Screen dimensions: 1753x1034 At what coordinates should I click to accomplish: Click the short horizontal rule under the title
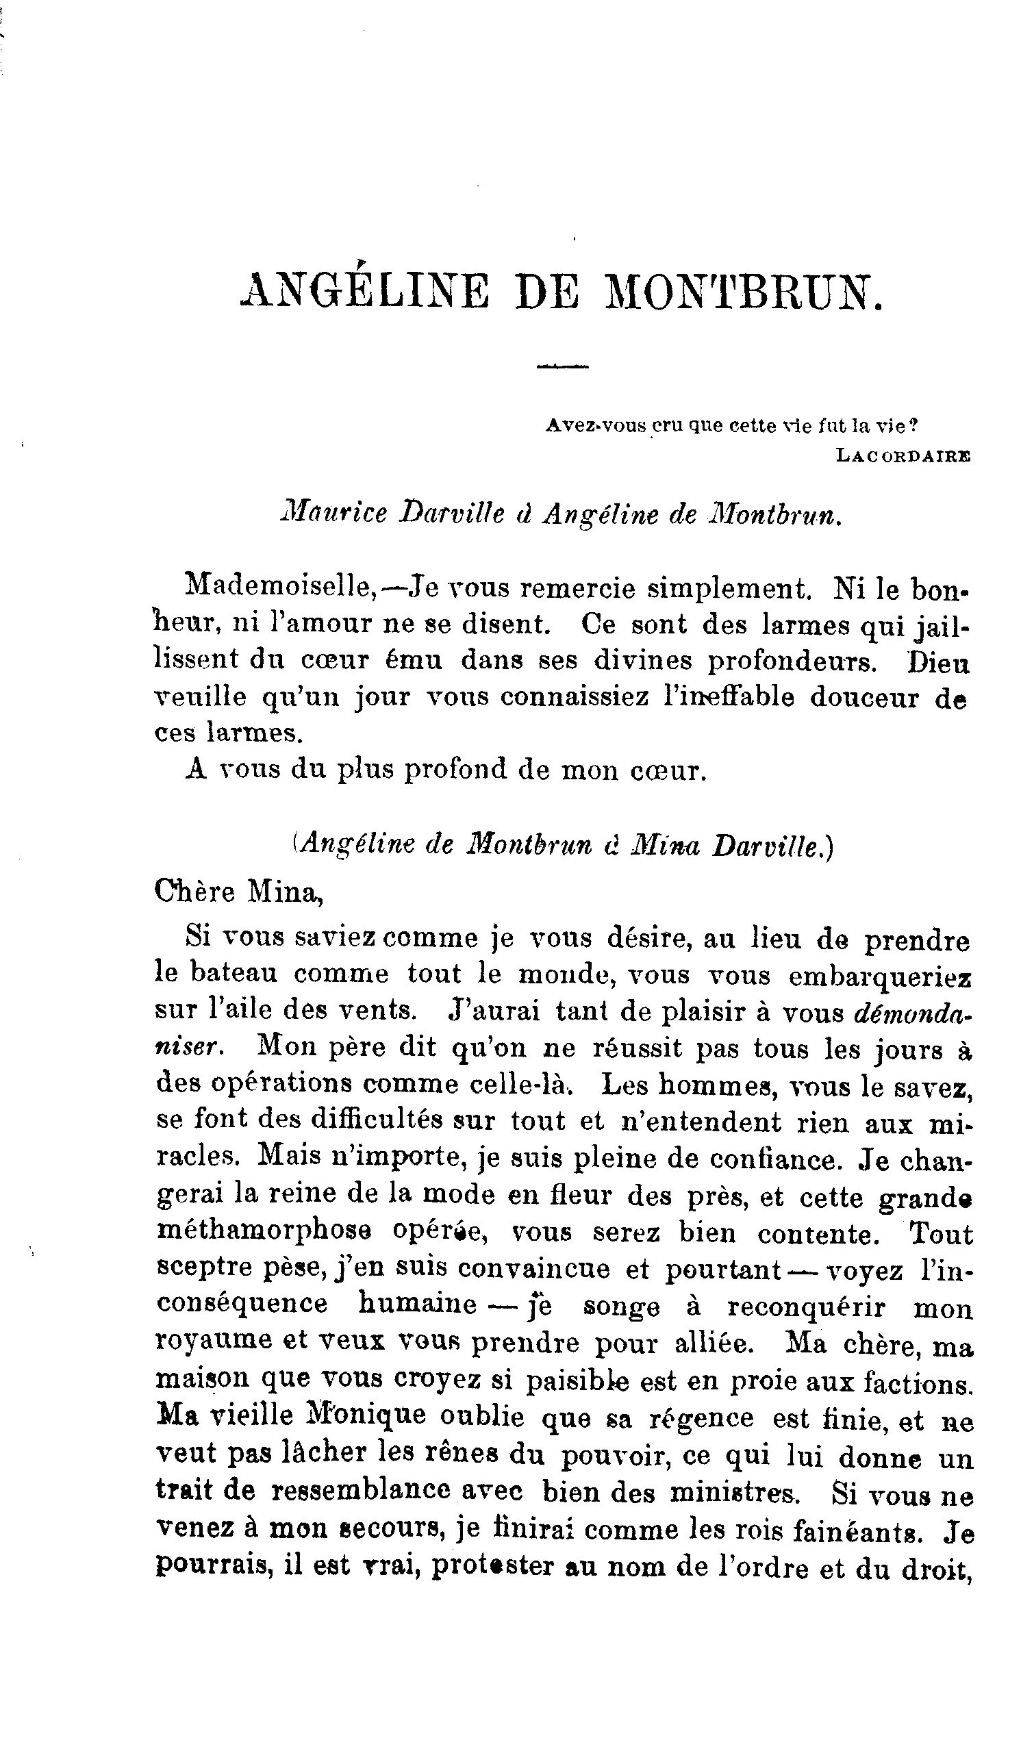point(563,366)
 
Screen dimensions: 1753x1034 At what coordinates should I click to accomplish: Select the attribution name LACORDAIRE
point(904,455)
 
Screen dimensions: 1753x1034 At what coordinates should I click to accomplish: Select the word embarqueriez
point(880,975)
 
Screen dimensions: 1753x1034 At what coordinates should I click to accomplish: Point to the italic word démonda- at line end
point(912,1011)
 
